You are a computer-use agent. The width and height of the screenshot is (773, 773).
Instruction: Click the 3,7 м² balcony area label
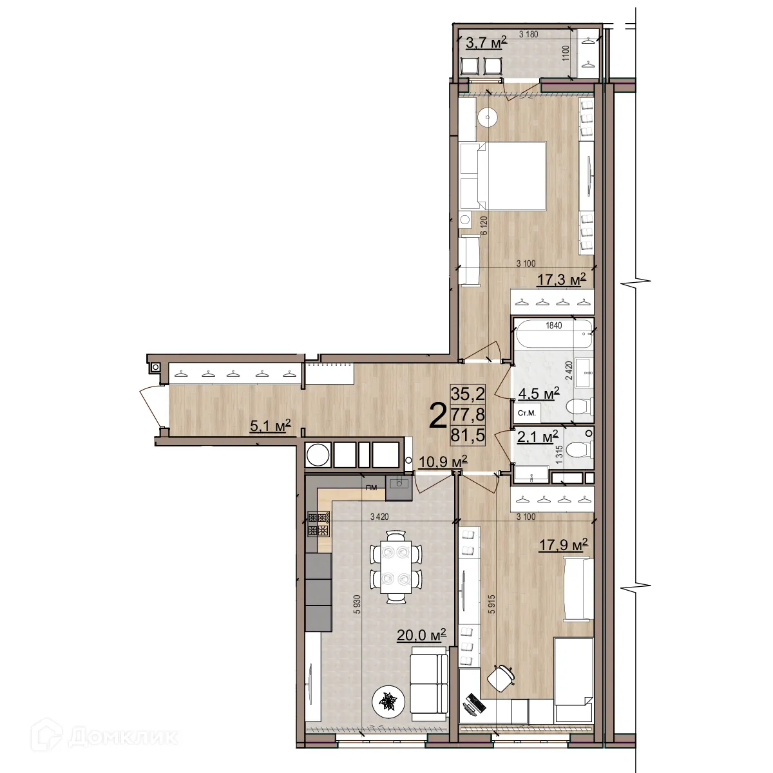pyautogui.click(x=486, y=43)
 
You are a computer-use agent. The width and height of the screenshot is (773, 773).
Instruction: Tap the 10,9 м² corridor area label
pyautogui.click(x=443, y=462)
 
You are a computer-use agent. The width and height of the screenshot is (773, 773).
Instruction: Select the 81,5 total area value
pyautogui.click(x=468, y=435)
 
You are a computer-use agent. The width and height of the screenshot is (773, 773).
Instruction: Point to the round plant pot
pyautogui.click(x=388, y=700)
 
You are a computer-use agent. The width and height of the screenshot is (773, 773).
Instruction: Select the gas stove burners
pyautogui.click(x=319, y=524)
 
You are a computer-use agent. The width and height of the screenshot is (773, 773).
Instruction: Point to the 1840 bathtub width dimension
pyautogui.click(x=553, y=325)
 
